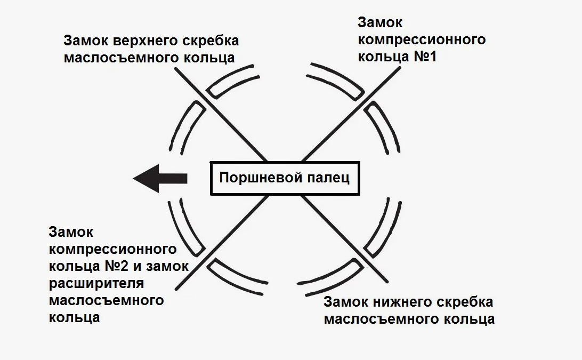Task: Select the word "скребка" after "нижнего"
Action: [467, 302]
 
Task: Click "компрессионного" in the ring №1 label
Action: [421, 39]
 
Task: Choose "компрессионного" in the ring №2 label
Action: [112, 249]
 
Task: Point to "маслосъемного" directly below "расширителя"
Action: [106, 300]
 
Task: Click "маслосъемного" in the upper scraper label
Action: [117, 58]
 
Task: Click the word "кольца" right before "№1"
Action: [382, 56]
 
